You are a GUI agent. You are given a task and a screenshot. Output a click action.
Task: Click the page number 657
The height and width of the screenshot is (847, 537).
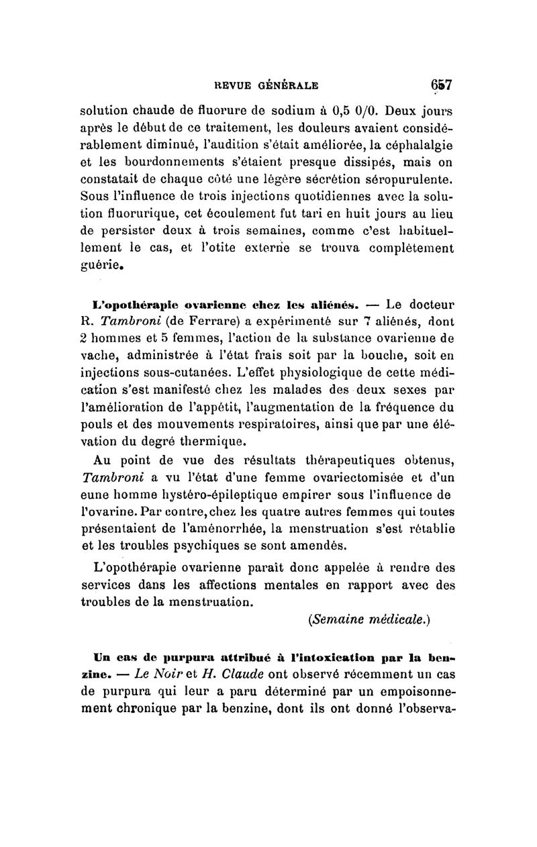coord(440,85)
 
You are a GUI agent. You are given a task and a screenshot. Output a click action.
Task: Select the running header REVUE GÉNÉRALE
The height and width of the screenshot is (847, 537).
coord(266,86)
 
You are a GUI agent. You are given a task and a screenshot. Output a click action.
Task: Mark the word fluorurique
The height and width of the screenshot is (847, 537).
coord(136,214)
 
